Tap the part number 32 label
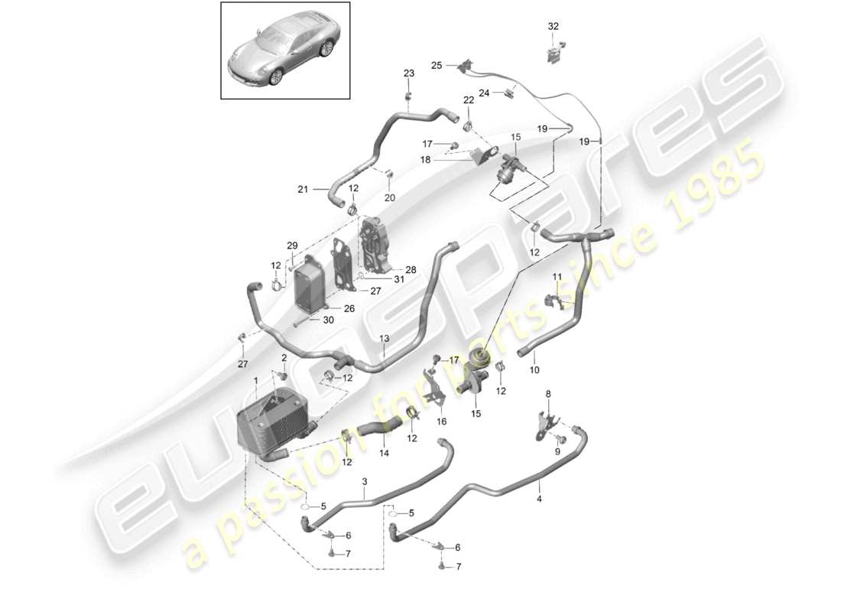coord(554,26)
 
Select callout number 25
coord(437,66)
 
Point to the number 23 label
coord(409,73)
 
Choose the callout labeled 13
coord(384,338)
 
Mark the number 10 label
coord(534,370)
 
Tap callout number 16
coord(441,421)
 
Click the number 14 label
coord(384,453)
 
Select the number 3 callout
coord(365,481)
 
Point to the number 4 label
coord(539,499)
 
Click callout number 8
coord(547,394)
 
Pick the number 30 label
coord(328,320)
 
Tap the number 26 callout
coord(349,309)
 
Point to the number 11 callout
coord(557,275)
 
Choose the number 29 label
coord(291,245)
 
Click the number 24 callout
coord(483,94)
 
